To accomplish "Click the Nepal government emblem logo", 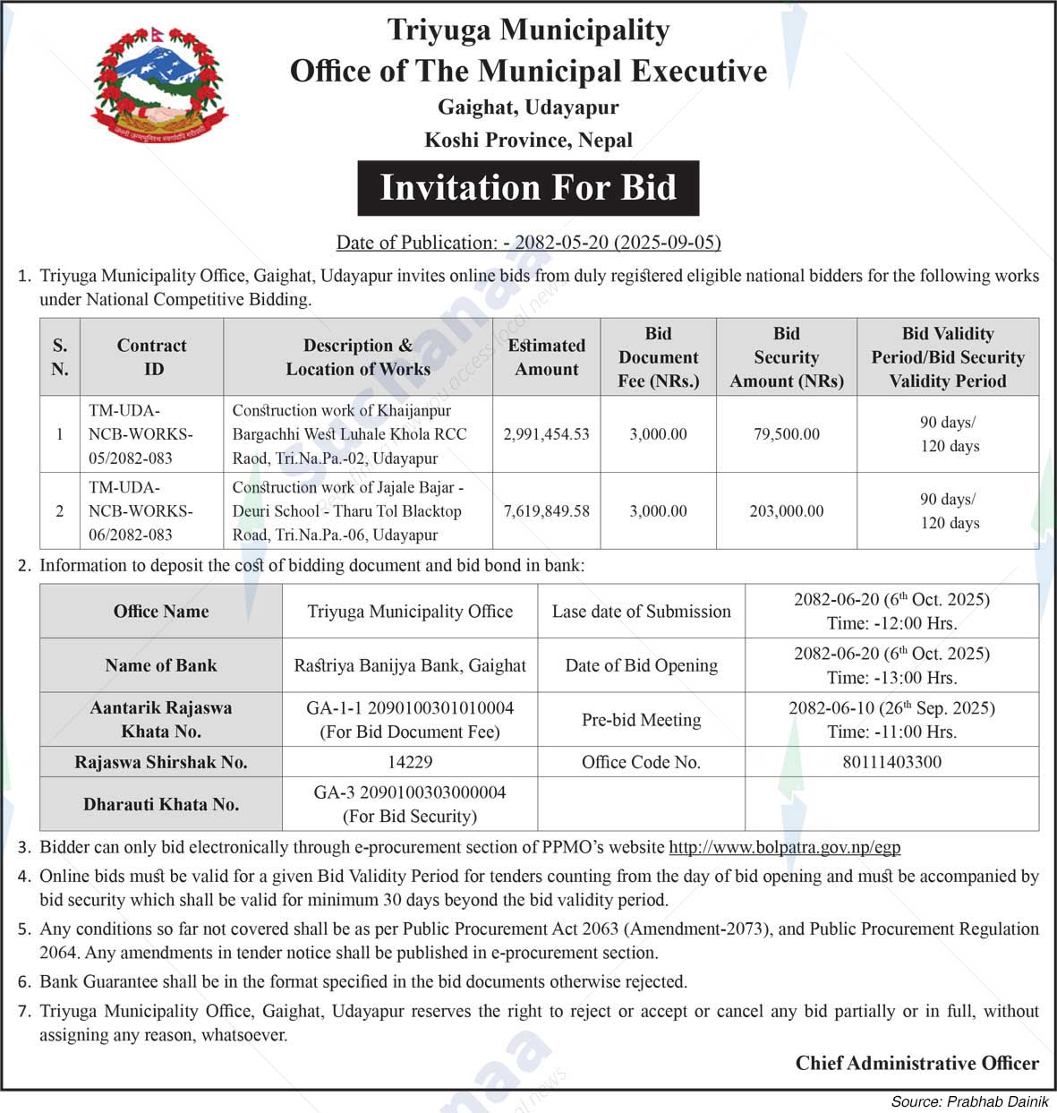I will pos(159,85).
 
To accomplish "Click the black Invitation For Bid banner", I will pos(528,188).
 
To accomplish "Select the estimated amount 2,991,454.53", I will pos(546,434).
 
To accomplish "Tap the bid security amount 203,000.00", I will pos(786,511).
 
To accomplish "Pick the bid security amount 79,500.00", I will pos(786,434).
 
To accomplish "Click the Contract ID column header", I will pos(151,357).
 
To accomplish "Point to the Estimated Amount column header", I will pos(546,357).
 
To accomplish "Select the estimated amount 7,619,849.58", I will pos(546,511).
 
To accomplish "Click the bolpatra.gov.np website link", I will pos(784,847).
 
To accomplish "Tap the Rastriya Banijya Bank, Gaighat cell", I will pos(410,665).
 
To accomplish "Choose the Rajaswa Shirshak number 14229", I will pos(410,762).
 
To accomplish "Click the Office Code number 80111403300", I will pos(891,762).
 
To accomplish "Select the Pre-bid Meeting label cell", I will pos(641,720).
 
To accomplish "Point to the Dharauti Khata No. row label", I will pos(161,804).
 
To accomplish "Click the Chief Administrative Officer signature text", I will pos(916,1063).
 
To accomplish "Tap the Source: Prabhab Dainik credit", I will pos(969,1101).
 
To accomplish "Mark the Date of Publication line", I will pos(528,243).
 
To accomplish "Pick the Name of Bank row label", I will pos(161,665).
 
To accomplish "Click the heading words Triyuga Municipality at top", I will pos(528,30).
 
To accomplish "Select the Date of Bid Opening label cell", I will pos(641,665).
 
